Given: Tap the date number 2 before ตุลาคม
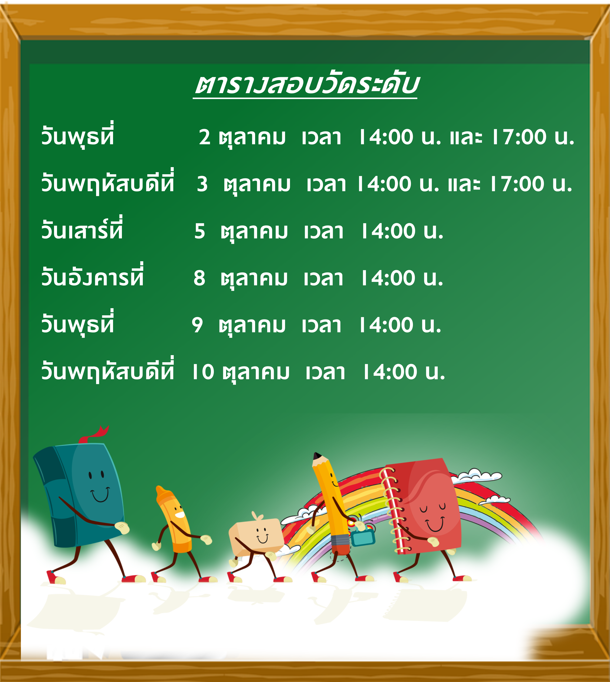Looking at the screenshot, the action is coord(204,137).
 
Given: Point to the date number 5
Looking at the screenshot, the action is coord(200,231).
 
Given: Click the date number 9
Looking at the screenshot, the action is coord(197,325).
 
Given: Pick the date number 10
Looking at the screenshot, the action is coord(203,372).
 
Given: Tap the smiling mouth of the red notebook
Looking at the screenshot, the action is coord(435,524).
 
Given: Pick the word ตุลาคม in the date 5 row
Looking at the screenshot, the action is coord(254,232).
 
